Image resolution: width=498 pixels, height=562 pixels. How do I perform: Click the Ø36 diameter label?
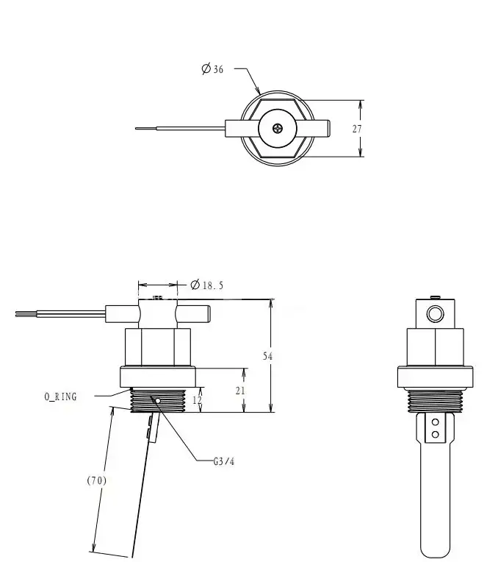[213, 68]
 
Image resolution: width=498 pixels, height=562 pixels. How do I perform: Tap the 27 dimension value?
[357, 129]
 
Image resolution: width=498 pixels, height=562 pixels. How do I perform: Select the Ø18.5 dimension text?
[206, 285]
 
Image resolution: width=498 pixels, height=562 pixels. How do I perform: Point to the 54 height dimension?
[268, 356]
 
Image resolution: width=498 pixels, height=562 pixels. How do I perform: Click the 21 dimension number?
[240, 391]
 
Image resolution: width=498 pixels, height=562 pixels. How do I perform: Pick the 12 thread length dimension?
[197, 400]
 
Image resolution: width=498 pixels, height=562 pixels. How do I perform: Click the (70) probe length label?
[97, 480]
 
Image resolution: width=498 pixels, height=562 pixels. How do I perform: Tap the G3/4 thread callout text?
[224, 461]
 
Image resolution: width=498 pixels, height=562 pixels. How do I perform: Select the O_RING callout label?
[60, 396]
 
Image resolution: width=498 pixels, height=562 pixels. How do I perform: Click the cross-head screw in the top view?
[278, 128]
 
